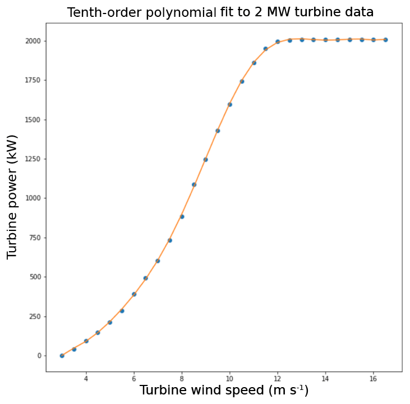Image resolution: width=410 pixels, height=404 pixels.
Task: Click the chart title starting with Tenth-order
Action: [x=220, y=12]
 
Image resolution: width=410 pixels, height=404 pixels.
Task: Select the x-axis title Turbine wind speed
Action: [x=224, y=390]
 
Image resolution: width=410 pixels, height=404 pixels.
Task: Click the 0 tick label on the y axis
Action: [x=39, y=356]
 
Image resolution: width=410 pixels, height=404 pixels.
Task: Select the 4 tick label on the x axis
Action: [x=86, y=379]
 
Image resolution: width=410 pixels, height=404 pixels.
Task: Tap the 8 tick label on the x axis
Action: [x=182, y=379]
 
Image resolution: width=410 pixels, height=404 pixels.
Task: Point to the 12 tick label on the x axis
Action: [x=278, y=379]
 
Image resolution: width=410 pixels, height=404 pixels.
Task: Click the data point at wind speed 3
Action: [x=62, y=356]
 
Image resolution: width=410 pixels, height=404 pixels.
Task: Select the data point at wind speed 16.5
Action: [x=385, y=40]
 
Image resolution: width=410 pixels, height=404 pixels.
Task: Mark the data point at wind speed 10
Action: [x=229, y=105]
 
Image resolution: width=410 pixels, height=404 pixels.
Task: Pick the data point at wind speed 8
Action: [x=182, y=216]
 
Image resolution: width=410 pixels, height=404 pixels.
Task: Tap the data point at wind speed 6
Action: [x=134, y=294]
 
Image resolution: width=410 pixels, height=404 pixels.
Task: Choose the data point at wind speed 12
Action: [x=278, y=42]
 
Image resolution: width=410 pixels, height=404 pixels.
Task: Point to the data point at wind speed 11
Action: [x=254, y=63]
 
